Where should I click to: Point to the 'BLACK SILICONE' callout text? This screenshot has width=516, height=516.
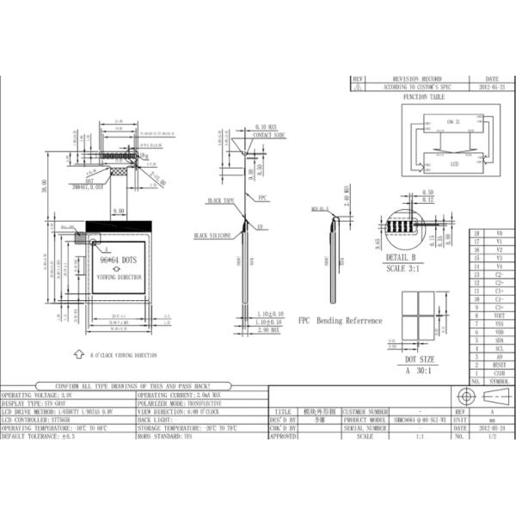click(212, 234)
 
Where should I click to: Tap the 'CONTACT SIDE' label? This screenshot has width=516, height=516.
click(269, 136)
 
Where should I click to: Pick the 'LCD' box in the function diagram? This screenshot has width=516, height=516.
click(453, 163)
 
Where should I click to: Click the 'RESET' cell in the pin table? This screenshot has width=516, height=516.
click(499, 365)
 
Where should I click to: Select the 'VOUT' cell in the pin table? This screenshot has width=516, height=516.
click(499, 316)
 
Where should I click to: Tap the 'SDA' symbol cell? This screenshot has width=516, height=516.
click(499, 341)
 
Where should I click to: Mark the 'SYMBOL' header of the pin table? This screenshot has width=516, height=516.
click(499, 380)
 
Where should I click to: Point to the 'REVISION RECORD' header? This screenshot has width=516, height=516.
click(416, 79)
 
